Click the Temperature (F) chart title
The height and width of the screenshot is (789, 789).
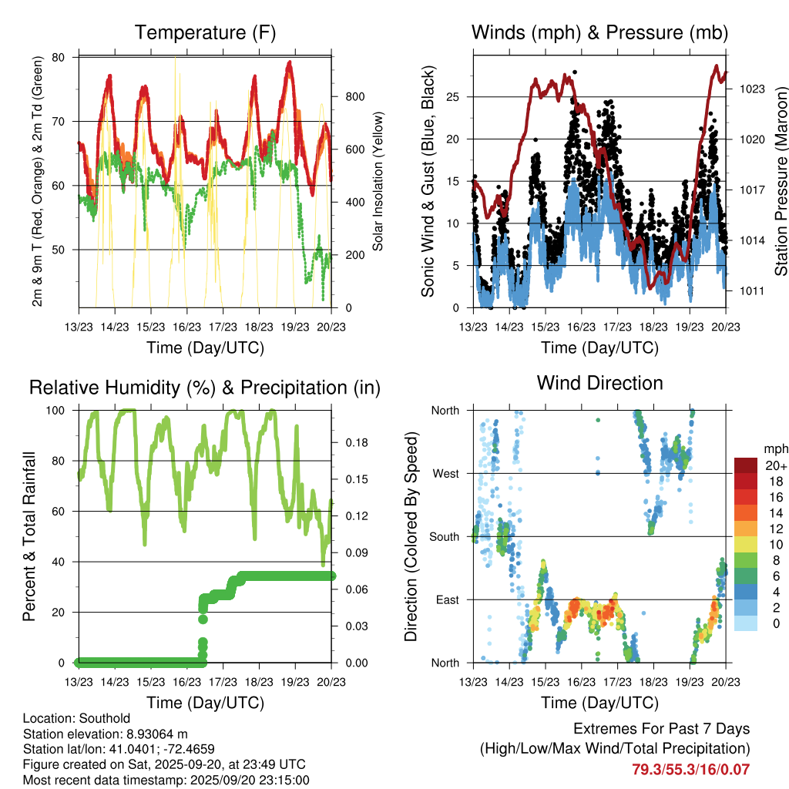(x=205, y=32)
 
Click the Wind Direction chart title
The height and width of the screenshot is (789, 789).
(x=599, y=383)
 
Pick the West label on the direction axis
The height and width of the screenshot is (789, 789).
(x=446, y=473)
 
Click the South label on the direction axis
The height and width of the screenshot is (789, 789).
(x=445, y=536)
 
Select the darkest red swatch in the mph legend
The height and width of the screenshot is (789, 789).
(x=746, y=465)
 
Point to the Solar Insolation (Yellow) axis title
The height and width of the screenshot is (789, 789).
(x=378, y=182)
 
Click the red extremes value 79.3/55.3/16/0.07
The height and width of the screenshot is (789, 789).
(x=690, y=769)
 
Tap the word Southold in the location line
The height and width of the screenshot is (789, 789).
(x=97, y=719)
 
